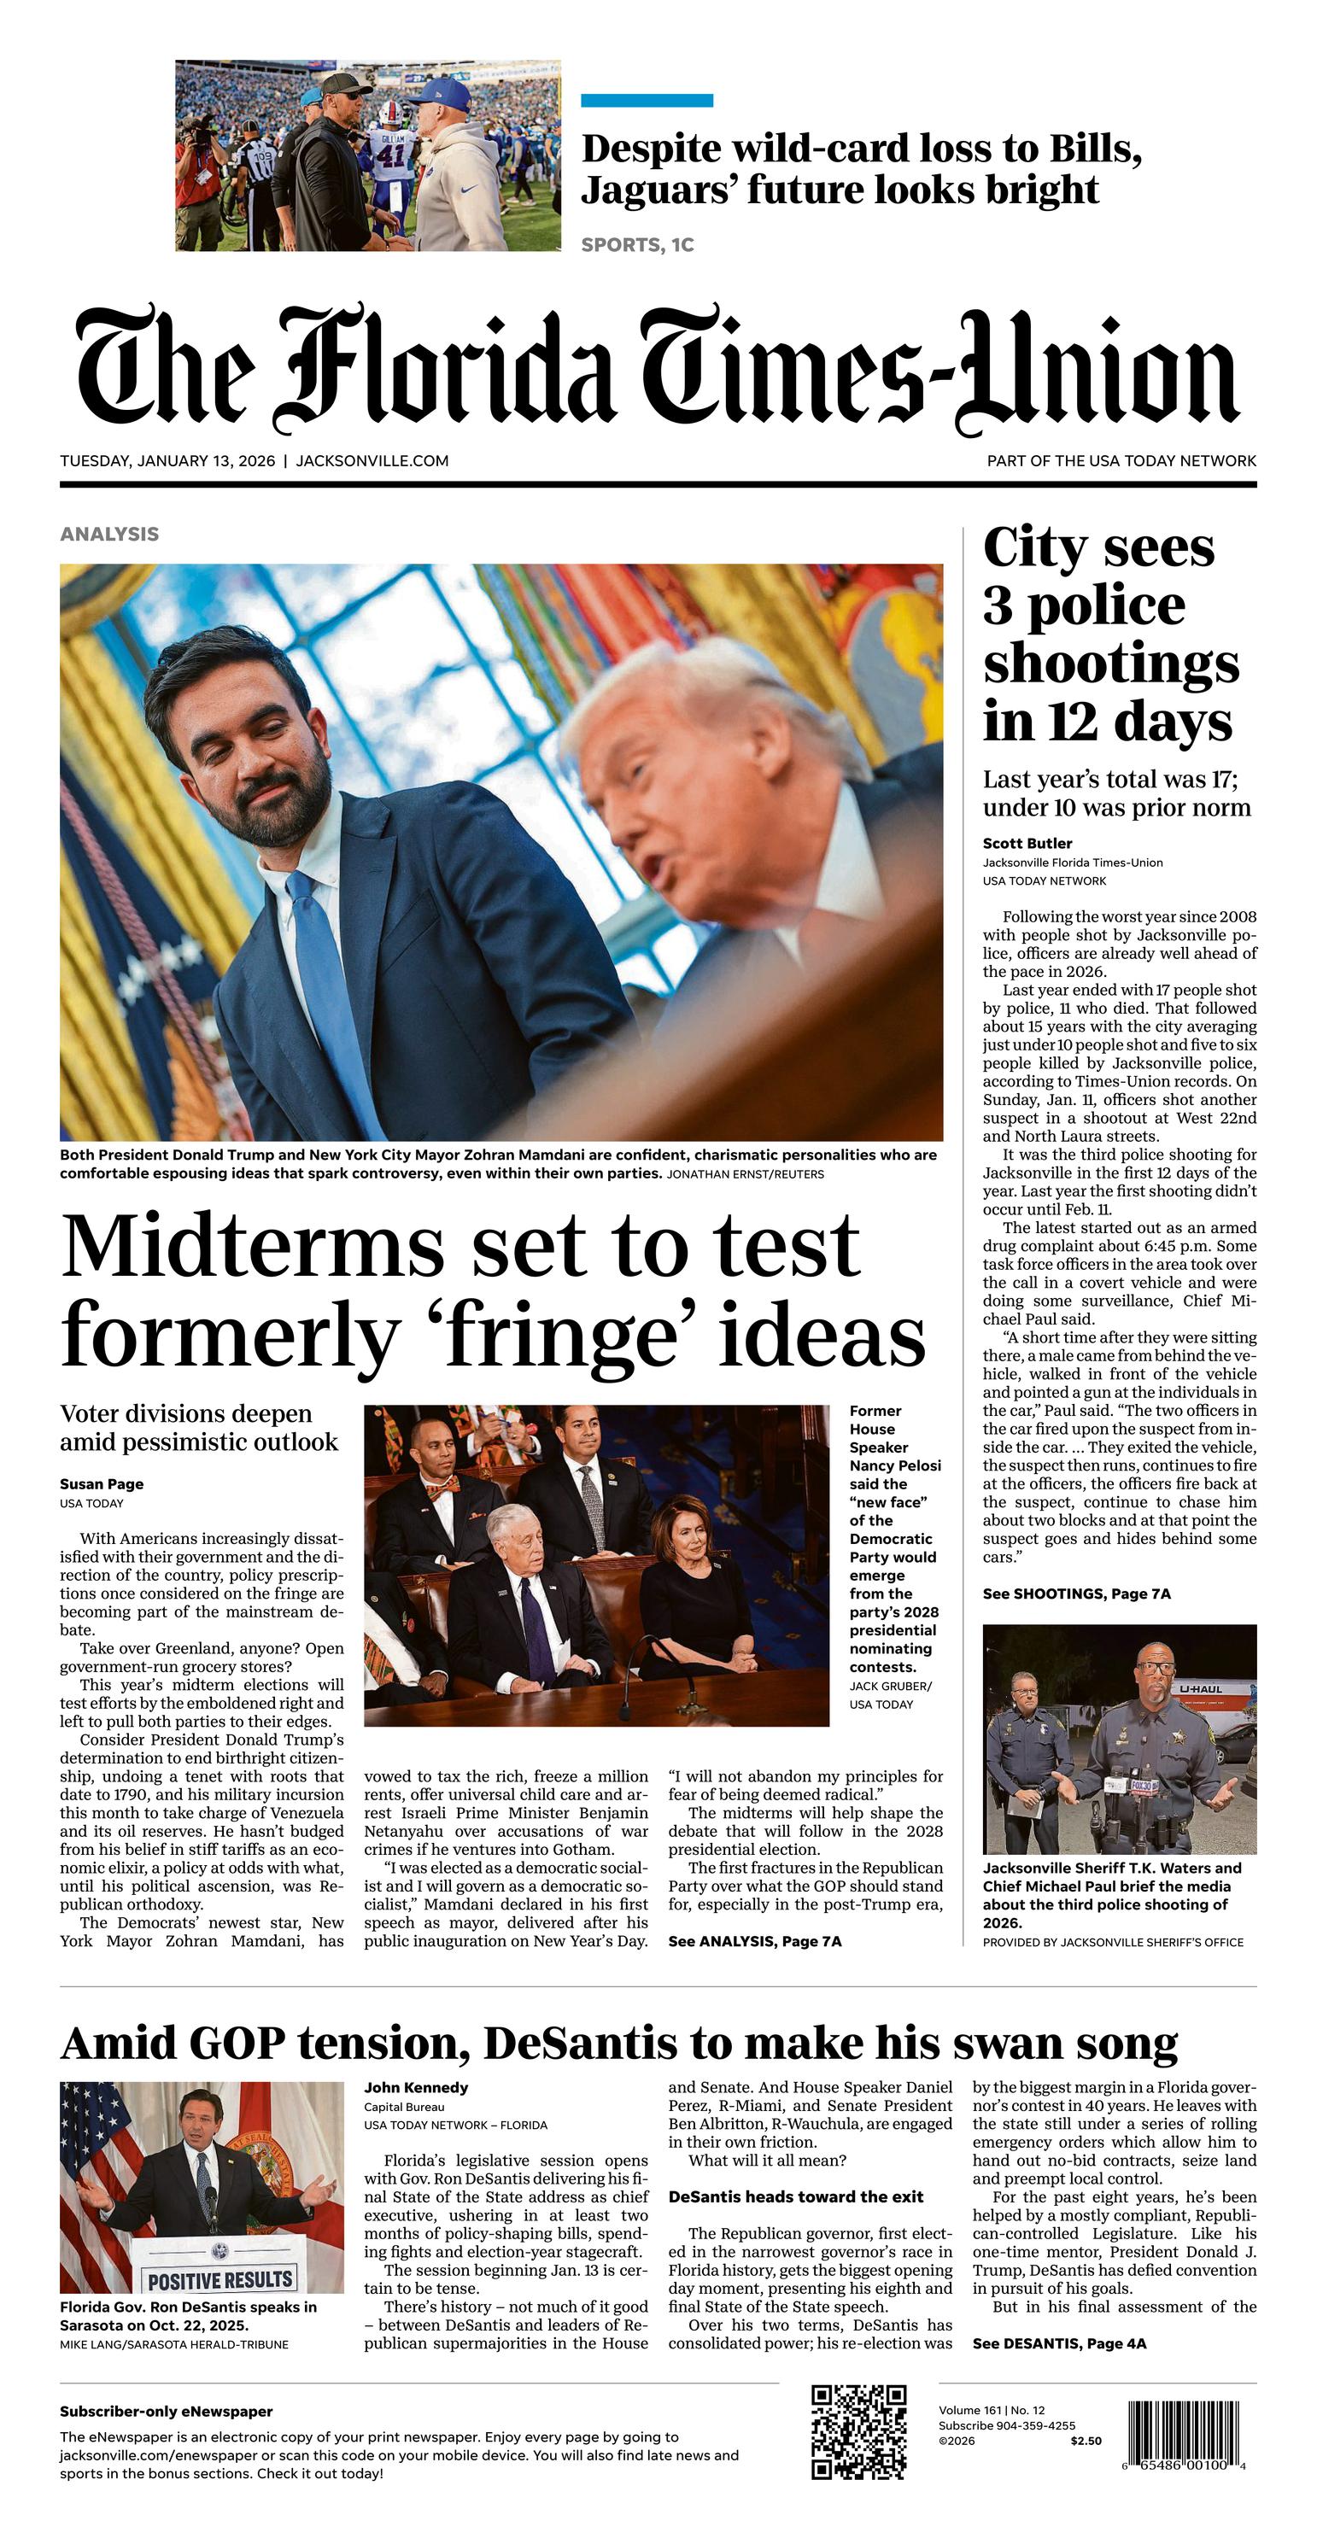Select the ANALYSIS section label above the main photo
point(109,535)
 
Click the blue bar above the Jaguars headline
point(647,101)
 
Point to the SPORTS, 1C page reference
point(637,245)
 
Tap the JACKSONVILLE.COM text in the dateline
point(372,461)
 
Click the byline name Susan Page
point(102,1484)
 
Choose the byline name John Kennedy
point(416,2088)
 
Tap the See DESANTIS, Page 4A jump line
point(1059,2343)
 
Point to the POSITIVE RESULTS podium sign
point(219,2280)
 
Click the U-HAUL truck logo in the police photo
point(1200,1690)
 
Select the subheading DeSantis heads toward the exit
point(795,2197)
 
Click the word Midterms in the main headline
point(253,1248)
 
